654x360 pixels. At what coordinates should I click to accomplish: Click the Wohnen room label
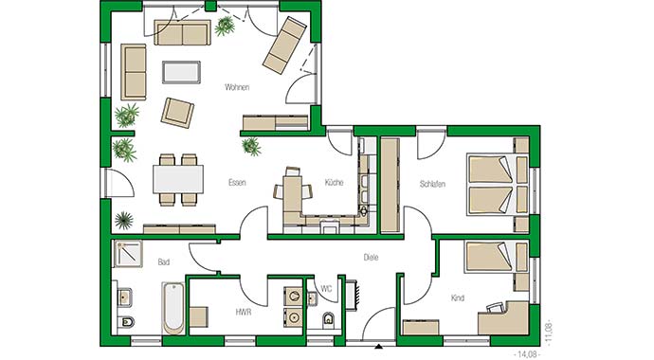(x=237, y=88)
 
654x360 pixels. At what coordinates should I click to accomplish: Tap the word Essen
(x=238, y=182)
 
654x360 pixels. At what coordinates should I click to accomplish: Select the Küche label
(x=334, y=182)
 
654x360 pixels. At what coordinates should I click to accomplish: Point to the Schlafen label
(x=432, y=182)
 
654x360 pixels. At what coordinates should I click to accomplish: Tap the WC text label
(x=325, y=287)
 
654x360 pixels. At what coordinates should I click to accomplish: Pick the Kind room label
(x=458, y=298)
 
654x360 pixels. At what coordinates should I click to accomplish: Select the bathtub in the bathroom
(x=173, y=308)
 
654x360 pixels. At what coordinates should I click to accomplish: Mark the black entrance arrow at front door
(x=378, y=345)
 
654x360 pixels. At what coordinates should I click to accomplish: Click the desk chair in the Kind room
(x=495, y=307)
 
